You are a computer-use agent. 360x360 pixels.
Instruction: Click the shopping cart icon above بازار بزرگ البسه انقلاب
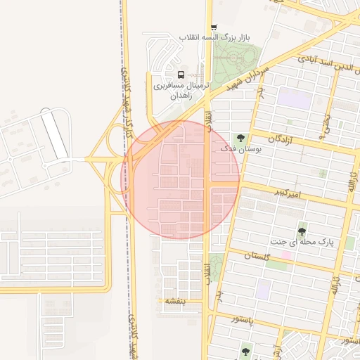tap(214, 27)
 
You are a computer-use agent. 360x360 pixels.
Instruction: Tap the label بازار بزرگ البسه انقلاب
tap(214, 37)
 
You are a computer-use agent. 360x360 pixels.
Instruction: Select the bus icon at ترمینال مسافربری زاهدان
tap(181, 75)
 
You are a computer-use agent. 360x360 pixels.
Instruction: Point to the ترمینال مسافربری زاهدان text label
tap(181, 89)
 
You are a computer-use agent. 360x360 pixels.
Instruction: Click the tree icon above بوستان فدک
tap(241, 138)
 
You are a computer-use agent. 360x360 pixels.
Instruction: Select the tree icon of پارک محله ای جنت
tap(302, 230)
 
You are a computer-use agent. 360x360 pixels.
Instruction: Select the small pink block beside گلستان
tap(288, 255)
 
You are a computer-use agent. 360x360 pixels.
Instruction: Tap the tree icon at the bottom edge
tap(245, 352)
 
